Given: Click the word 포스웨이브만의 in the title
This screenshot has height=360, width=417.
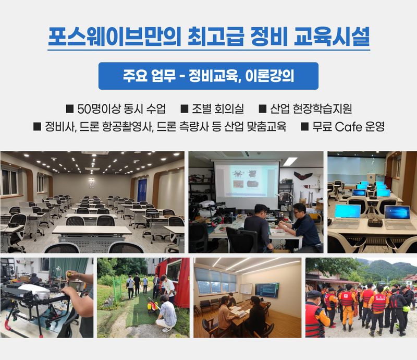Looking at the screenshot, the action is coord(115,37).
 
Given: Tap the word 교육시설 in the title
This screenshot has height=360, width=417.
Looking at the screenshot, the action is coord(332,37).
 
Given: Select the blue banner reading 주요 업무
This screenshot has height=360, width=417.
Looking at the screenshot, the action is coord(208,76).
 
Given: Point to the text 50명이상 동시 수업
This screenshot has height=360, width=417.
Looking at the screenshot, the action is coord(121,109).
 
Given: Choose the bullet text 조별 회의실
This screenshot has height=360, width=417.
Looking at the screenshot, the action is coord(218,109).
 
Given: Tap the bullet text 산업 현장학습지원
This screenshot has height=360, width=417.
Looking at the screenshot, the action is coord(311,109).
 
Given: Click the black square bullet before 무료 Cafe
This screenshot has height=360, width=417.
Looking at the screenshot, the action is coord(305,126).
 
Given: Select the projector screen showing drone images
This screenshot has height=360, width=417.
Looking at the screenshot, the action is coord(246,184).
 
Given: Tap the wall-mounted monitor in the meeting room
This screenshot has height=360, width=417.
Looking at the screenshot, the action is coord(267,290).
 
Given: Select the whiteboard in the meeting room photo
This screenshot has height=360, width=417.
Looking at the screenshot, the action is coord(246,290).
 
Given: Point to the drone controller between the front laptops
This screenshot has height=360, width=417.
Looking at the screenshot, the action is coord(375,222).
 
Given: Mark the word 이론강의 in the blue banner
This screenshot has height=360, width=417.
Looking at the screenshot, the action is coord(269,76).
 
